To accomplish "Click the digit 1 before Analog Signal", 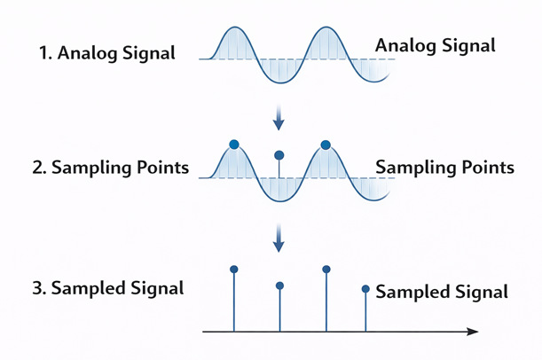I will click(44, 52).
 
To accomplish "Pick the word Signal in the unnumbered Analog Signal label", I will click(467, 45).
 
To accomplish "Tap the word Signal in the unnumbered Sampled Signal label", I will click(479, 292).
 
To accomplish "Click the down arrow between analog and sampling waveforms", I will click(279, 117).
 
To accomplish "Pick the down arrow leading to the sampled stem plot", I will click(279, 237).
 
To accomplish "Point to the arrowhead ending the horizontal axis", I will click(472, 332).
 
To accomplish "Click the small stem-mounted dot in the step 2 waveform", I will click(279, 155).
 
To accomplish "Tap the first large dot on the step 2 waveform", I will click(233, 144).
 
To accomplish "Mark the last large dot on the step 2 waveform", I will click(326, 145).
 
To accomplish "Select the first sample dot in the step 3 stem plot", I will click(233, 269).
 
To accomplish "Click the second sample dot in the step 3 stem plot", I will click(279, 286).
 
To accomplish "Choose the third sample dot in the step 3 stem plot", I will click(326, 269).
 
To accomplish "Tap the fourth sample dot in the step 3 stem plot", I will click(365, 288).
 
